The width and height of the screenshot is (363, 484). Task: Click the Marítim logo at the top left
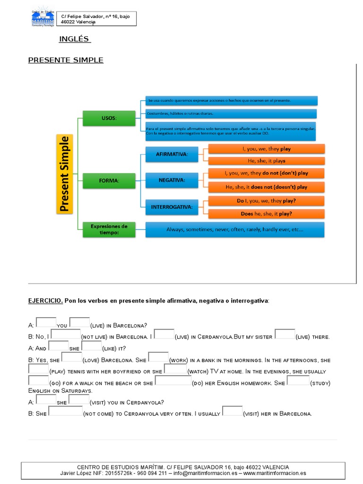(x=43, y=18)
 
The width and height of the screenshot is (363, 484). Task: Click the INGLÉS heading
(x=74, y=39)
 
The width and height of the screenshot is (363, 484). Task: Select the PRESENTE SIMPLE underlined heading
(x=66, y=60)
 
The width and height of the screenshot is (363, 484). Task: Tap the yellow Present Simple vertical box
(x=65, y=173)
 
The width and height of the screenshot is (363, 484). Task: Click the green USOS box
(x=109, y=118)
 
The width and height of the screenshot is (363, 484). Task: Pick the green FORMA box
(x=109, y=181)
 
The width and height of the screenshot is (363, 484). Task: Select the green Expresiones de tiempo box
(x=109, y=229)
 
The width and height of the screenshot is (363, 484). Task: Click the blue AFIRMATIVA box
(x=172, y=155)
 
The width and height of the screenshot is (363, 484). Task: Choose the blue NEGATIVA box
(x=172, y=180)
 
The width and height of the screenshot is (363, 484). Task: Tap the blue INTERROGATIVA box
(x=172, y=207)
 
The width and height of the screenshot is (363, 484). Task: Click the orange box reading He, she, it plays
(x=267, y=161)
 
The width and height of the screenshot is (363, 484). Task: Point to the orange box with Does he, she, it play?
(x=267, y=214)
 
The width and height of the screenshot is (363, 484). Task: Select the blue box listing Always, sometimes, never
(x=235, y=230)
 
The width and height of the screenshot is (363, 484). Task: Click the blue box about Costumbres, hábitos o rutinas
(x=231, y=113)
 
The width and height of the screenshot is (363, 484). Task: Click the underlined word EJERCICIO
(x=45, y=301)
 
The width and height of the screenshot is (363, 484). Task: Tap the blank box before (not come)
(x=65, y=411)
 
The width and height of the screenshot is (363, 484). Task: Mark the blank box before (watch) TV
(x=175, y=369)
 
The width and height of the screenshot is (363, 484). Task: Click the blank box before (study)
(x=298, y=380)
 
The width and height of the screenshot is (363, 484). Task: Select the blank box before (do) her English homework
(x=173, y=380)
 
